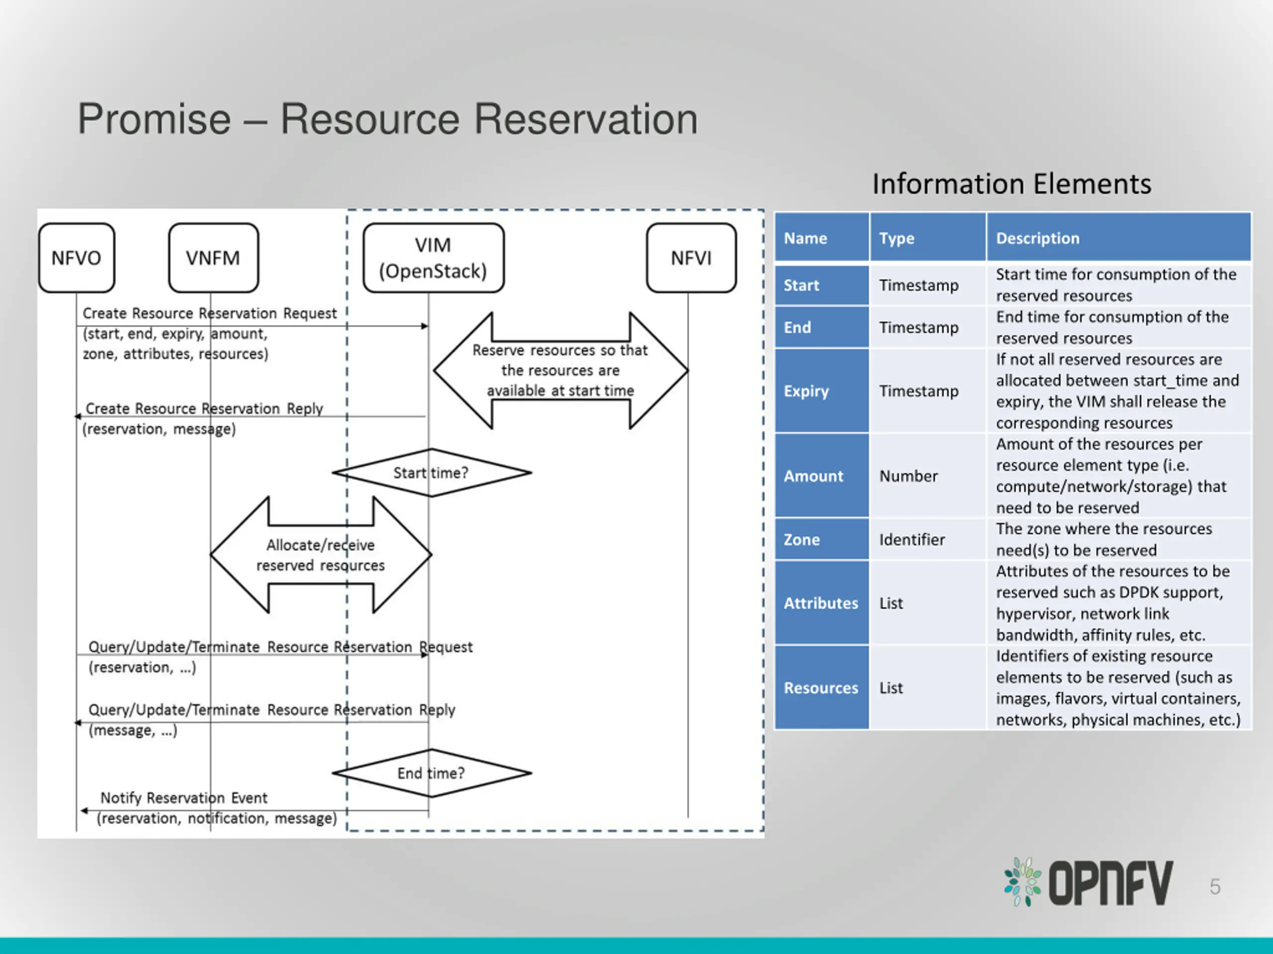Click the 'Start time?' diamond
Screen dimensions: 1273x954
(432, 473)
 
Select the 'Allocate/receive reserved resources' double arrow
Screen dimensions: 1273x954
(321, 555)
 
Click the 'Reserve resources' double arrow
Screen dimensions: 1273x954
(560, 370)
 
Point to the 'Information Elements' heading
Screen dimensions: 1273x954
(1012, 184)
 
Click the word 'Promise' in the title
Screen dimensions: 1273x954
(154, 119)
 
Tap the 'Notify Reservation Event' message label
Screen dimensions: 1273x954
(184, 797)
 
